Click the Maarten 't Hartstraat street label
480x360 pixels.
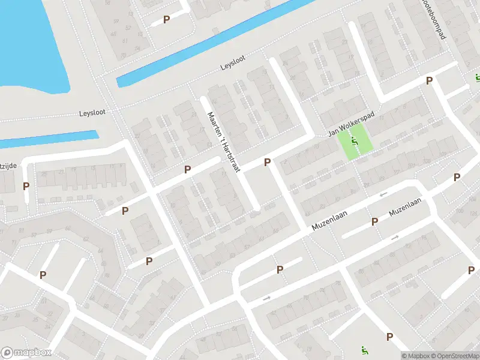pyautogui.click(x=223, y=142)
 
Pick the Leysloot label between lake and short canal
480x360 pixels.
pyautogui.click(x=91, y=113)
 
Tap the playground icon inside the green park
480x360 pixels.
pyautogui.click(x=354, y=143)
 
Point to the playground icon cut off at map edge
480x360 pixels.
pyautogui.click(x=477, y=77)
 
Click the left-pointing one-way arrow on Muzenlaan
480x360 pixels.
pyautogui.click(x=383, y=194)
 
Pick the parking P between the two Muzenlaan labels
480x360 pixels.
pyautogui.click(x=374, y=221)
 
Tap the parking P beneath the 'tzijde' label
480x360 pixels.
pyautogui.click(x=26, y=186)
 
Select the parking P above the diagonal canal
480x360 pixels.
pyautogui.click(x=167, y=19)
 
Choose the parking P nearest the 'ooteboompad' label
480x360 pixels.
pyautogui.click(x=429, y=80)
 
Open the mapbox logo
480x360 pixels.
pyautogui.click(x=26, y=353)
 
